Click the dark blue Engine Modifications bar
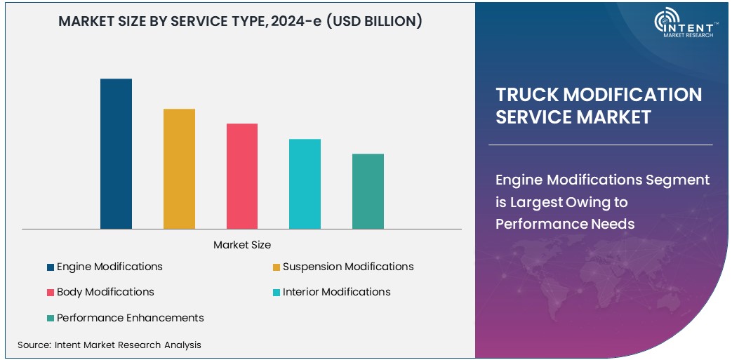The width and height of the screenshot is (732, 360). (116, 154)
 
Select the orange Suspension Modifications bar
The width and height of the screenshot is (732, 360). (179, 168)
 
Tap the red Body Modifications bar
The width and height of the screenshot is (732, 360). (242, 176)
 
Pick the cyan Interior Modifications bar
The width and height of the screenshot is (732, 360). (305, 184)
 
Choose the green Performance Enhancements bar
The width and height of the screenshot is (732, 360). (368, 191)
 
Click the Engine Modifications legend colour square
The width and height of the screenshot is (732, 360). (51, 267)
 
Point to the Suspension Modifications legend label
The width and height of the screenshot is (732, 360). (348, 267)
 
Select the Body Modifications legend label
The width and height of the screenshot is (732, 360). (105, 292)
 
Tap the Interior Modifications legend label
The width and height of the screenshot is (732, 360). (336, 292)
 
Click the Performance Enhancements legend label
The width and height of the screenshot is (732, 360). (130, 318)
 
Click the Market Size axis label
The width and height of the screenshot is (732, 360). (242, 245)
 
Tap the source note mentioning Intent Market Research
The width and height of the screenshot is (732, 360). (109, 345)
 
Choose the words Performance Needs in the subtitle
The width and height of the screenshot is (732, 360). (565, 224)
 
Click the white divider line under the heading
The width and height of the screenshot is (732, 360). (600, 145)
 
